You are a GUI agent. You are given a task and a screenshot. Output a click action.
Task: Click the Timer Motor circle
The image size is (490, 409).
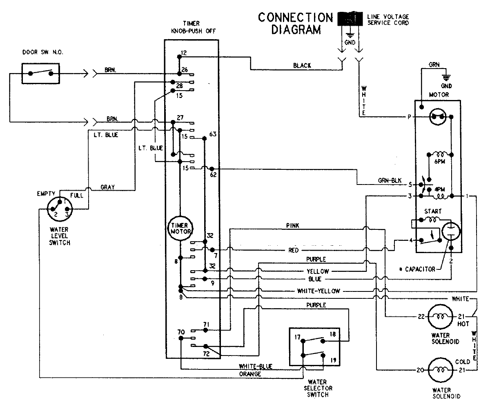click(x=178, y=228)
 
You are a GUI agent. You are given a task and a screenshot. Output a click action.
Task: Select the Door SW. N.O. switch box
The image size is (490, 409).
click(x=40, y=74)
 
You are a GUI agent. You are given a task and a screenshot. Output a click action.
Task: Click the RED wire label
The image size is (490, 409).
click(x=294, y=250)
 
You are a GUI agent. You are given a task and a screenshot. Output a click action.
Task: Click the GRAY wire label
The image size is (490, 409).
click(x=107, y=187)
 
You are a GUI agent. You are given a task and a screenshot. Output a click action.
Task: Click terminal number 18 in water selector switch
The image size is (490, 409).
click(x=332, y=334)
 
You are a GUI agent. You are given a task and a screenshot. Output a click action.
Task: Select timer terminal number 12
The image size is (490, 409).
click(x=184, y=53)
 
